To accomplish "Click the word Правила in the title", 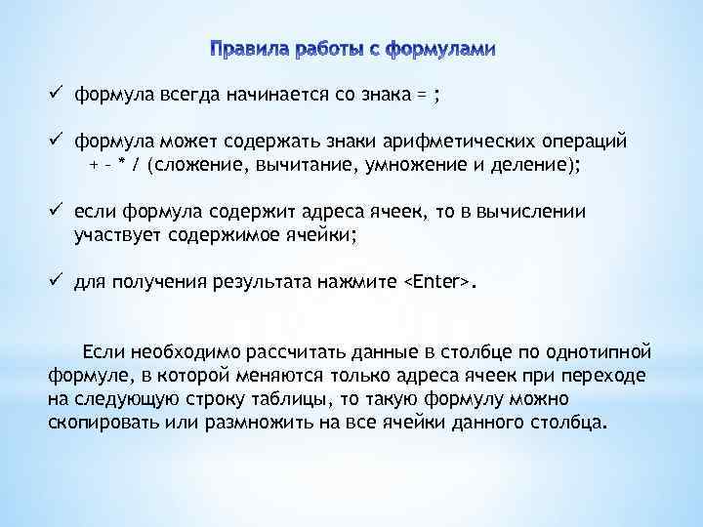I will click(246, 48).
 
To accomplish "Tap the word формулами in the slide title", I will click(440, 48).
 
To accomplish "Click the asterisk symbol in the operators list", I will click(121, 165).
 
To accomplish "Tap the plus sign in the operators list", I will click(93, 165).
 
